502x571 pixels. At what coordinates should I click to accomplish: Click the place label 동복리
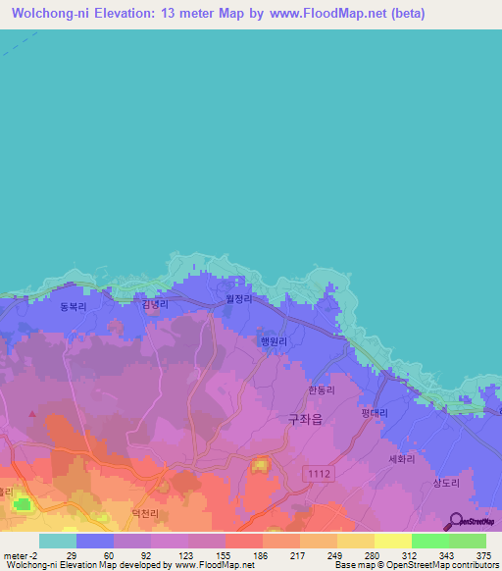74,306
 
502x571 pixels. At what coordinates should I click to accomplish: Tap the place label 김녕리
155,305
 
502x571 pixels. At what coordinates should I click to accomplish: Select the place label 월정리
240,300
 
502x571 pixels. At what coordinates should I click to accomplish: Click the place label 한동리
321,389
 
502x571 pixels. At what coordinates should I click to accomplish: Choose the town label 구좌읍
304,417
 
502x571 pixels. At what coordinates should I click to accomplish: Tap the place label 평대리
374,413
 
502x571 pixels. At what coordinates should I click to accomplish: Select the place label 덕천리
144,512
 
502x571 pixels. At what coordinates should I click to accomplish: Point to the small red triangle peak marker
33,414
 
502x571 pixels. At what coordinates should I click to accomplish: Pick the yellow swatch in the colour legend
392,541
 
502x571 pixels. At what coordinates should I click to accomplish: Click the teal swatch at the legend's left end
57,541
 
